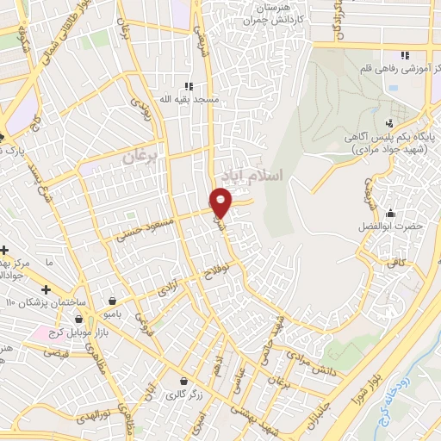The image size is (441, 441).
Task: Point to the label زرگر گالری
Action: [184, 395]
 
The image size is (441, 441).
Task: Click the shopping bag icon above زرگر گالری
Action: [183, 381]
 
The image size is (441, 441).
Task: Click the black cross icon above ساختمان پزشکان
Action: [46, 289]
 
